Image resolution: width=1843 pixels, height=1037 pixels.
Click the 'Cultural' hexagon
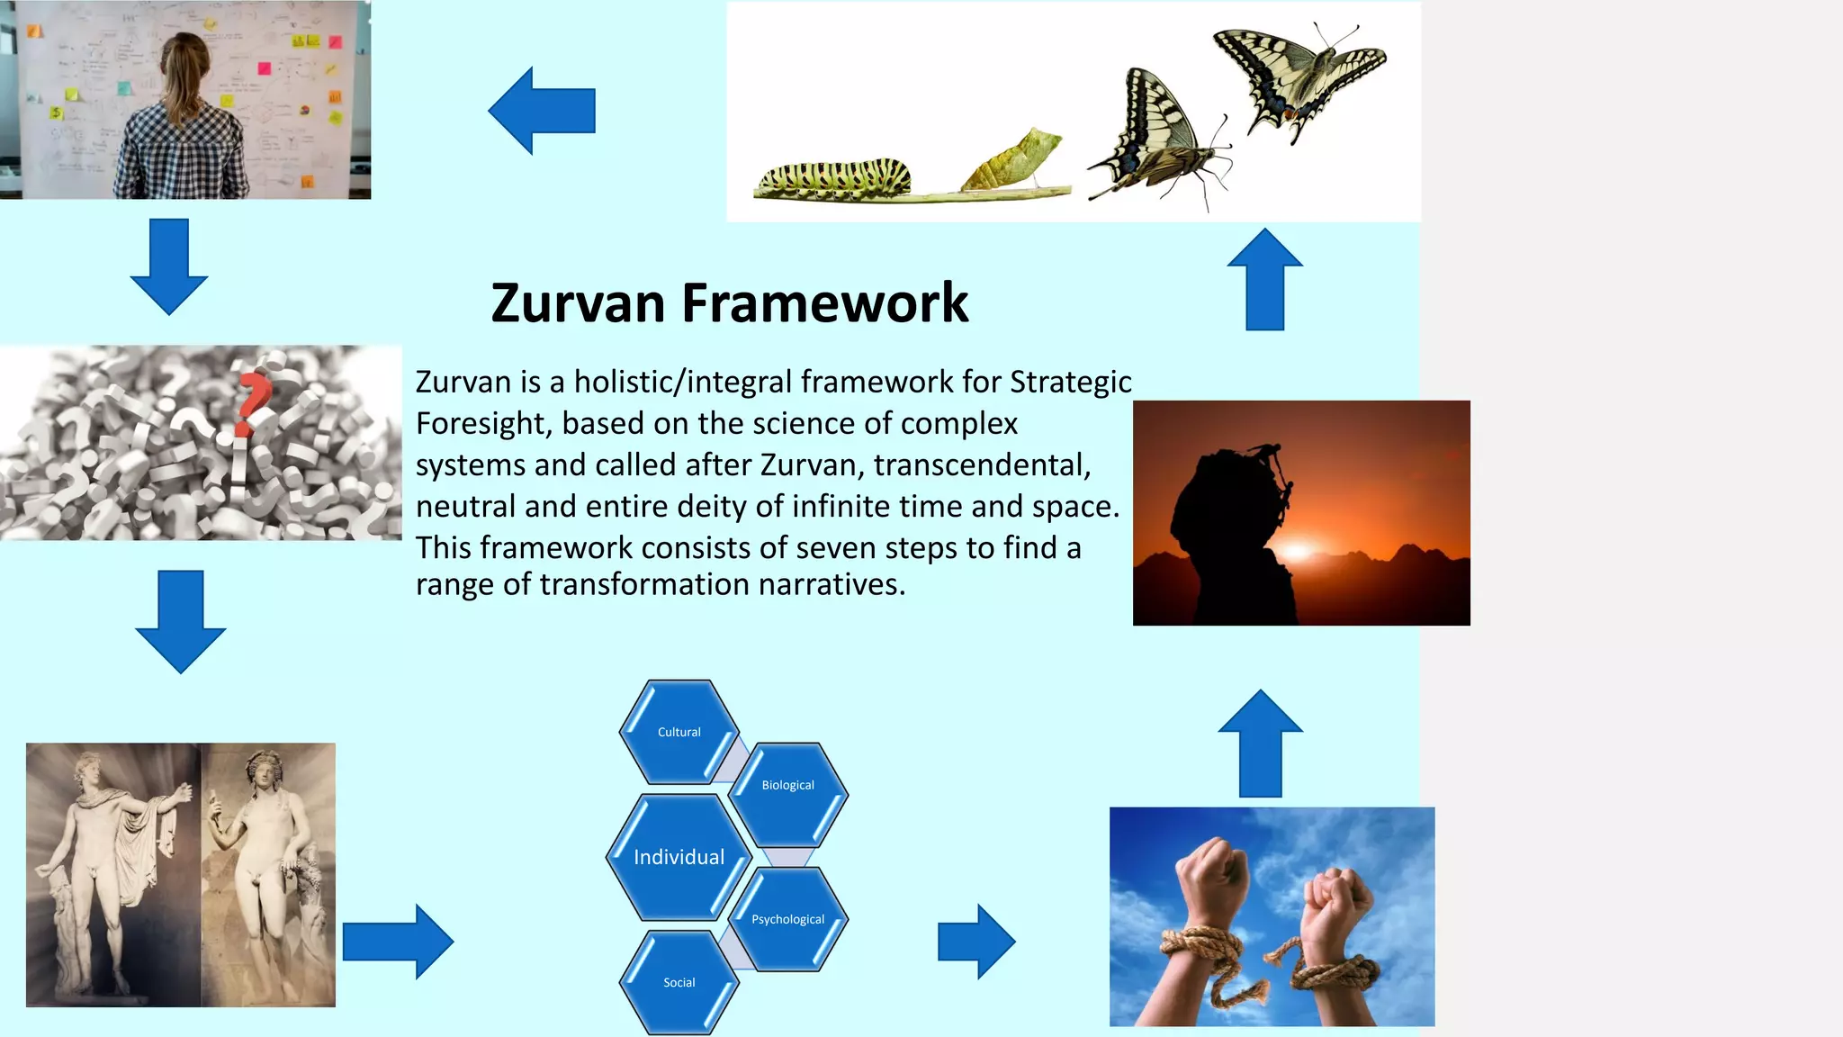click(679, 732)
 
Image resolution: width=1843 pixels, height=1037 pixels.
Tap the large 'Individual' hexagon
click(679, 857)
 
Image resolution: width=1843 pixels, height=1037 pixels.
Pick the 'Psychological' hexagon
click(788, 919)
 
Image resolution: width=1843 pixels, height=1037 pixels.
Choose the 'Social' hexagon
click(679, 982)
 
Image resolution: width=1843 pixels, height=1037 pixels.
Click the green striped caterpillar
click(833, 177)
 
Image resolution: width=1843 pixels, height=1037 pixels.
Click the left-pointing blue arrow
click(541, 111)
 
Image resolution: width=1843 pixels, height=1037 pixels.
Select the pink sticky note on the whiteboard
click(265, 68)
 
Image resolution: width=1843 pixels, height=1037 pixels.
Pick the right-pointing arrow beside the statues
click(398, 942)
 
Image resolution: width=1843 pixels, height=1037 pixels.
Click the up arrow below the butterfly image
click(1264, 279)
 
